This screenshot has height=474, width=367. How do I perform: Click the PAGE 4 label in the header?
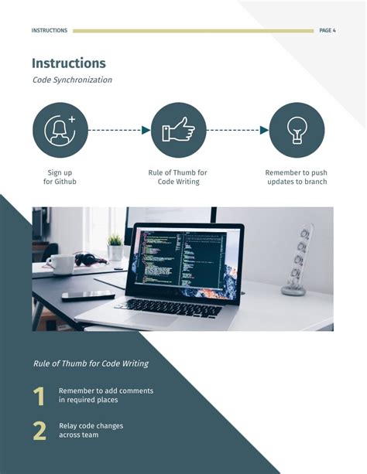tap(327, 31)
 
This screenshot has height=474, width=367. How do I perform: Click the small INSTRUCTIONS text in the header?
tap(50, 31)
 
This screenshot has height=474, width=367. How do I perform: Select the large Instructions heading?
tap(69, 63)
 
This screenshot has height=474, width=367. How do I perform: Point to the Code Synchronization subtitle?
tap(72, 80)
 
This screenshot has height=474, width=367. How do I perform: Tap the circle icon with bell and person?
tap(60, 130)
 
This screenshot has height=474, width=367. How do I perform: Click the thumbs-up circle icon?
tap(178, 130)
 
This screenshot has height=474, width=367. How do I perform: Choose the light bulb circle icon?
tap(296, 130)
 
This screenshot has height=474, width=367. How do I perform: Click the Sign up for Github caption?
tap(60, 177)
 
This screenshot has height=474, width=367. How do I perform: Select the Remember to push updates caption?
tap(297, 177)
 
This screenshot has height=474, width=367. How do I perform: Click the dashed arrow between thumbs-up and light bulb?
tap(237, 130)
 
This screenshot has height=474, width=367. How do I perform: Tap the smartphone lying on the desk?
tap(87, 295)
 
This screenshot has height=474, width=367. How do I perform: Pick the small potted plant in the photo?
tap(115, 246)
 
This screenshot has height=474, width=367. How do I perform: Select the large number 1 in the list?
tap(39, 397)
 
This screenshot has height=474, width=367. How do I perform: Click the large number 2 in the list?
tap(39, 431)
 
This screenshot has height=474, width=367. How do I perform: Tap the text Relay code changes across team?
tap(91, 430)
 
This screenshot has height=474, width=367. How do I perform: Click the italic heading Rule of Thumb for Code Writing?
tap(91, 363)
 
